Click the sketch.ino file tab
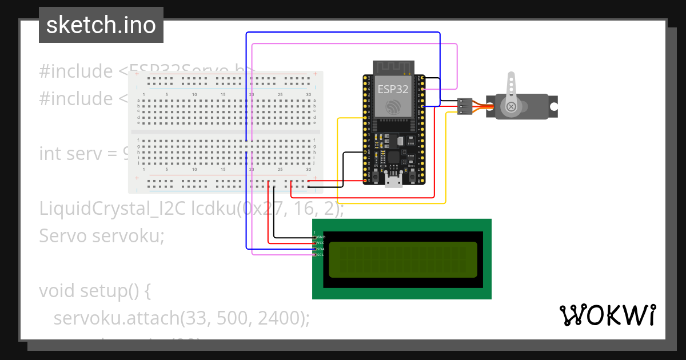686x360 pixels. (x=101, y=25)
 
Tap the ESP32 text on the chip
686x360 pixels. (x=393, y=89)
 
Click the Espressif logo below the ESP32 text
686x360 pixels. (x=393, y=107)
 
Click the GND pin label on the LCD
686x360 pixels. (x=321, y=237)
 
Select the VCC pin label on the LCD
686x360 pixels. (x=321, y=243)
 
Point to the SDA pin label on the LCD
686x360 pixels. (x=321, y=249)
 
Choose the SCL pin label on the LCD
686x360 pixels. (x=321, y=255)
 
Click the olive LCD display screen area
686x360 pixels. (x=403, y=259)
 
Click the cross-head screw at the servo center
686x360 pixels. (x=510, y=107)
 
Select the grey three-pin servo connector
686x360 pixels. (x=465, y=107)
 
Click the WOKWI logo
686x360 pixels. (x=607, y=315)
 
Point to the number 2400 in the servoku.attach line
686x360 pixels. (x=279, y=318)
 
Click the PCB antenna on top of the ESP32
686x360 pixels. (x=393, y=67)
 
